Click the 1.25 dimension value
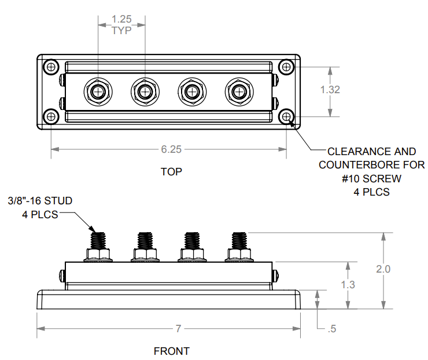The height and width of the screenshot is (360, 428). pyautogui.click(x=121, y=20)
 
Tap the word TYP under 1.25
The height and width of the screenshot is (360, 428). pyautogui.click(x=121, y=30)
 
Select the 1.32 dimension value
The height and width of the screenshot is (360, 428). pyautogui.click(x=330, y=90)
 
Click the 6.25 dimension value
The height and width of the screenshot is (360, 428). pyautogui.click(x=171, y=149)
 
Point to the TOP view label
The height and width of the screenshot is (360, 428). pyautogui.click(x=171, y=172)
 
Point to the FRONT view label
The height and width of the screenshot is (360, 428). pyautogui.click(x=171, y=351)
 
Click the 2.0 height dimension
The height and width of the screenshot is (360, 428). pyautogui.click(x=382, y=270)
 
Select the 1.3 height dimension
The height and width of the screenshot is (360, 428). pyautogui.click(x=348, y=285)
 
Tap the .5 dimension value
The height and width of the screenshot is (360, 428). pyautogui.click(x=331, y=329)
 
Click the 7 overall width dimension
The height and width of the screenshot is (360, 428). pyautogui.click(x=178, y=329)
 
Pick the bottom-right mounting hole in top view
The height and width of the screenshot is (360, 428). pyautogui.click(x=286, y=116)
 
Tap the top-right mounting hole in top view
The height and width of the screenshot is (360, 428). pyautogui.click(x=286, y=67)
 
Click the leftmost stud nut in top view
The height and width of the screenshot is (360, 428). pyautogui.click(x=98, y=91)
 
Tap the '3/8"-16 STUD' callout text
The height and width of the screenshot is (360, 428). pyautogui.click(x=40, y=201)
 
